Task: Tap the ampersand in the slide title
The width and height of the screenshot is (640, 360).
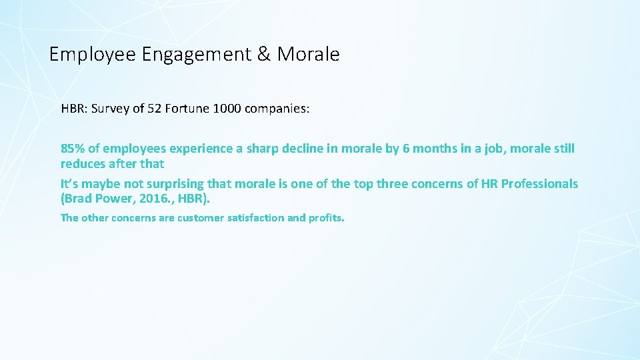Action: click(x=264, y=54)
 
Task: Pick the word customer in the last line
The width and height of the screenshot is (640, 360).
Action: click(x=199, y=217)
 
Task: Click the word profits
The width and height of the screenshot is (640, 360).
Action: click(x=327, y=217)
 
